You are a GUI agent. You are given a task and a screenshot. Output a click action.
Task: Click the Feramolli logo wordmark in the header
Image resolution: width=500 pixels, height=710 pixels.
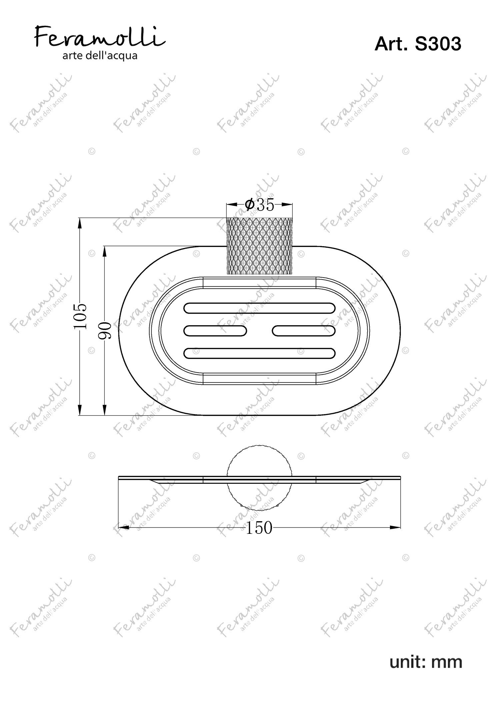click(x=100, y=38)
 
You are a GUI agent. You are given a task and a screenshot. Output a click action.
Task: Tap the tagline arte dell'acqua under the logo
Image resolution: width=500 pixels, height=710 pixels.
click(x=100, y=56)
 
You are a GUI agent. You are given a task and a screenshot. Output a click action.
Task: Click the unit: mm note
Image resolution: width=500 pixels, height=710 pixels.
click(x=426, y=662)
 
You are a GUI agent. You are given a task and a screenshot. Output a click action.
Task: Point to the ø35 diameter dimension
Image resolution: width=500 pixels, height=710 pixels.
click(x=259, y=205)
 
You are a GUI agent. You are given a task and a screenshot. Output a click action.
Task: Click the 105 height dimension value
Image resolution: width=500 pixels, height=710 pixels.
click(x=80, y=316)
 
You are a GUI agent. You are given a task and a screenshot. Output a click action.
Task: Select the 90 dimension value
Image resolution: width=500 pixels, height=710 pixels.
click(x=105, y=331)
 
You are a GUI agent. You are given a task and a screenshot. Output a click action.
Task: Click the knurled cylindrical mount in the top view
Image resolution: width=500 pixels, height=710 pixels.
click(x=260, y=246)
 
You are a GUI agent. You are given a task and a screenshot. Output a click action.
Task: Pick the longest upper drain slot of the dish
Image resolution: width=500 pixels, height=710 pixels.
click(x=259, y=308)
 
